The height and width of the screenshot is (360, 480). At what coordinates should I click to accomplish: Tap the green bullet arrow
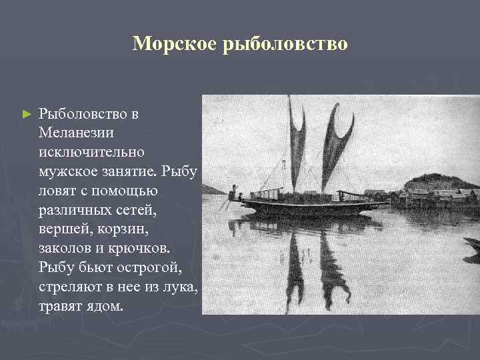(27, 115)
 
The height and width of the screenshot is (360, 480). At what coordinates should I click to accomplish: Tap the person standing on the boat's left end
(231, 195)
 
